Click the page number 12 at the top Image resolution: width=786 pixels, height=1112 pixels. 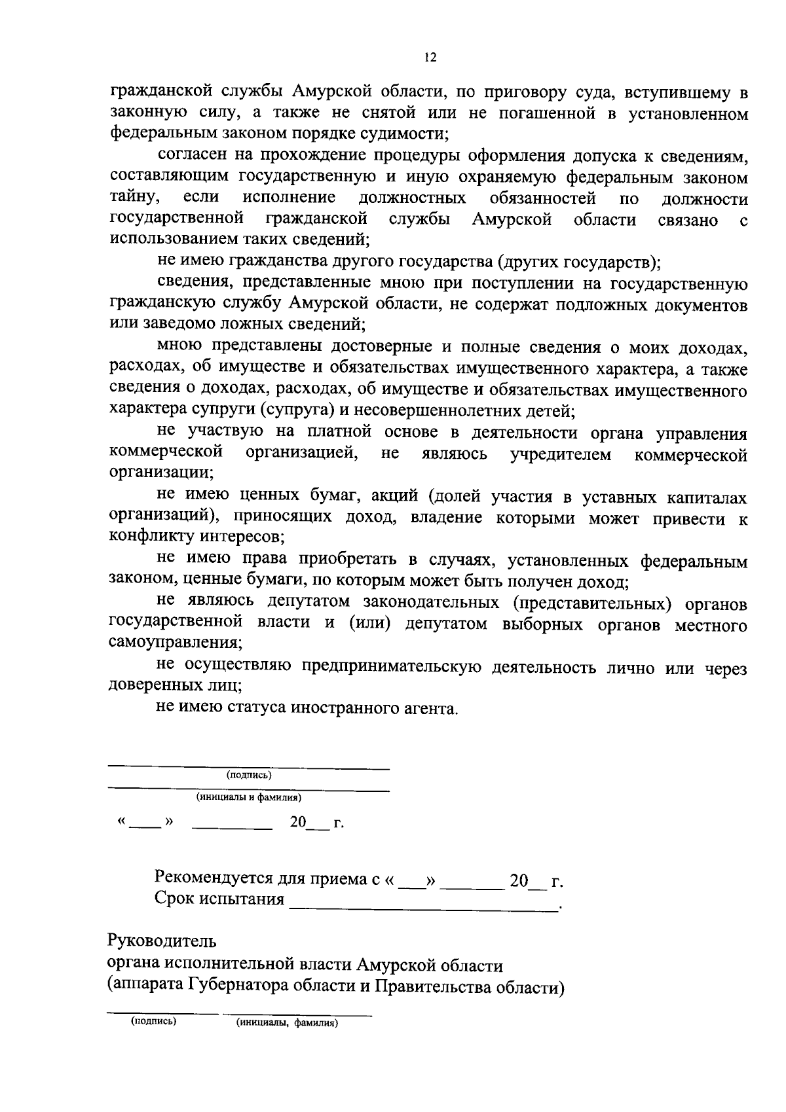click(429, 58)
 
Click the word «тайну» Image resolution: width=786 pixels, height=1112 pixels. click(133, 198)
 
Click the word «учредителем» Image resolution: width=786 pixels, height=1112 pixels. click(561, 454)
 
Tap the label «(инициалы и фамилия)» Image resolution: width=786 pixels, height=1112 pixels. click(249, 798)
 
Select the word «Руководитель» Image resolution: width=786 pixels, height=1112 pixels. click(161, 942)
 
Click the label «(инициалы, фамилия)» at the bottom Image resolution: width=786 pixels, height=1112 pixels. click(287, 1023)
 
